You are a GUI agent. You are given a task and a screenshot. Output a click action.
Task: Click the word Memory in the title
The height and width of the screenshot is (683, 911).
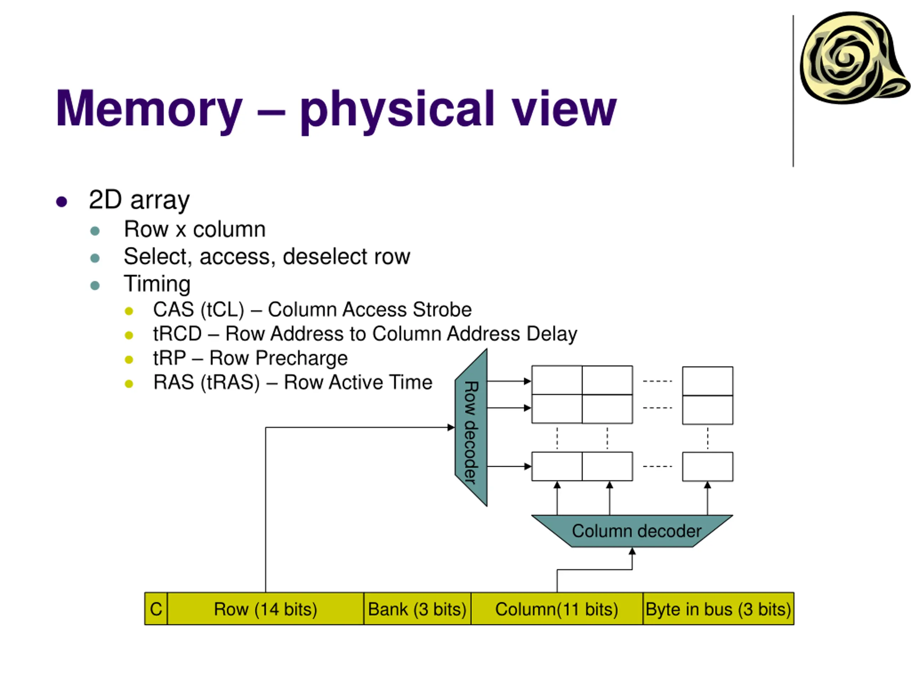tap(149, 109)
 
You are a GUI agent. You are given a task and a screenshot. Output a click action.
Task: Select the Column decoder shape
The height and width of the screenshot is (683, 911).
tap(632, 531)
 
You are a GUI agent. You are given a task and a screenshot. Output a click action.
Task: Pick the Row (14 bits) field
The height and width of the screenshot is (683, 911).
tap(265, 609)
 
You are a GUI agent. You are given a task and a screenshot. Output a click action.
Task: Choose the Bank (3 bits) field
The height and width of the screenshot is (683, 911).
tap(417, 609)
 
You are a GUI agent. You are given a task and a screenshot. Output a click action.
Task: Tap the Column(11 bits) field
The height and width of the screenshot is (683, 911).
tap(557, 609)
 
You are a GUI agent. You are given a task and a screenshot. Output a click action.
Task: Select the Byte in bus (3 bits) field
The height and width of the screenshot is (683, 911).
tap(718, 609)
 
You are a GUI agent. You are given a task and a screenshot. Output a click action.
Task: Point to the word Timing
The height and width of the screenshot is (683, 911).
tap(157, 284)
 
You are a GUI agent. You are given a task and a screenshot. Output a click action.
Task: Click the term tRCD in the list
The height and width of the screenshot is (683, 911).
tap(178, 334)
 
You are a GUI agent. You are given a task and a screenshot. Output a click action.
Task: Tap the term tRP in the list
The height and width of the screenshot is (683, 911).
tap(169, 358)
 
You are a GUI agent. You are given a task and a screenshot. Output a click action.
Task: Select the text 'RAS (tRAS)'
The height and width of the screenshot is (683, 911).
tap(206, 382)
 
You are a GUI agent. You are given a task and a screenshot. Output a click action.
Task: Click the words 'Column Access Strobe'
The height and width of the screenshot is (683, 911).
tap(369, 309)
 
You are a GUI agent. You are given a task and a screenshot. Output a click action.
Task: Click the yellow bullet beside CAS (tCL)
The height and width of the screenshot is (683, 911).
tap(129, 311)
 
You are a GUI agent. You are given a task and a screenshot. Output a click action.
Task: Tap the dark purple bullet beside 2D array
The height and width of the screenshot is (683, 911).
tap(62, 202)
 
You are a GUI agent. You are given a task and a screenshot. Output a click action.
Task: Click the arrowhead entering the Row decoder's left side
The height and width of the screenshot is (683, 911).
tap(451, 427)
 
